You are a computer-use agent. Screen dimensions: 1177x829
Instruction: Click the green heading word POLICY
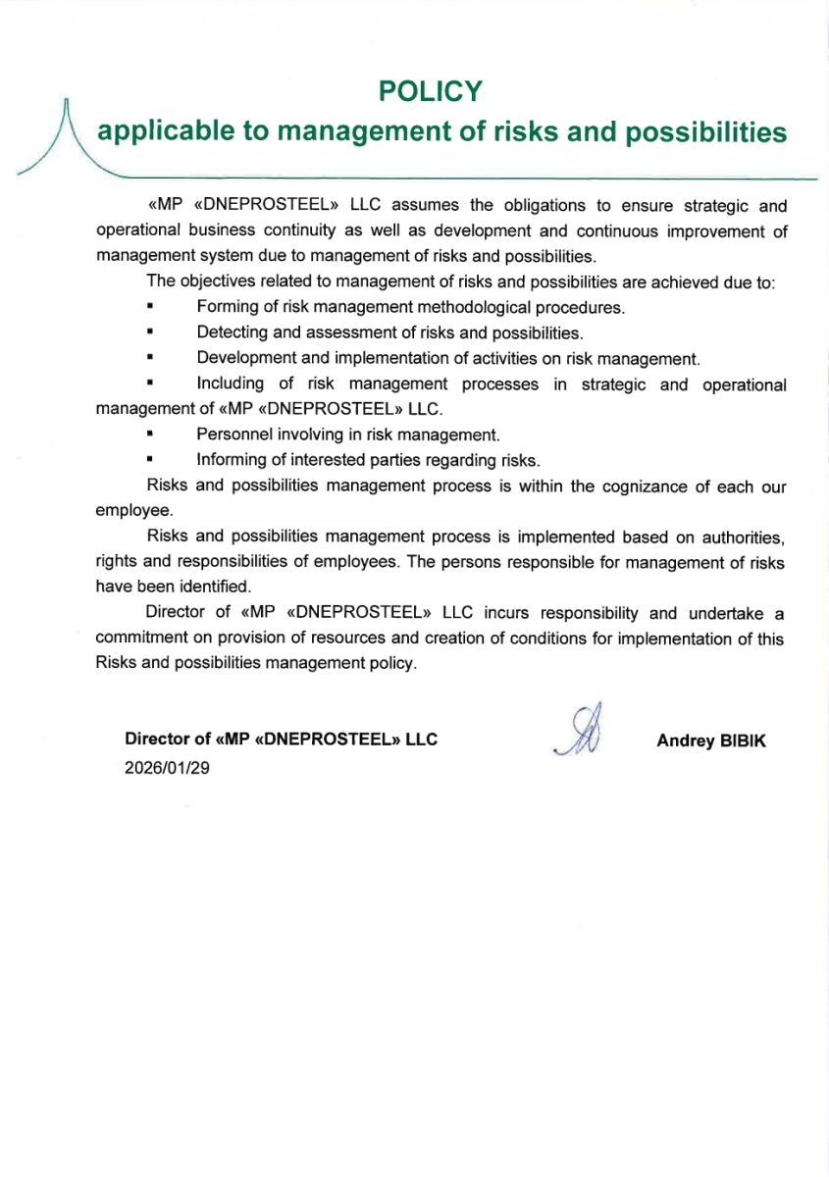point(431,92)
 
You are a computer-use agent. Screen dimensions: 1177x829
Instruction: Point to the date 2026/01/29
point(167,767)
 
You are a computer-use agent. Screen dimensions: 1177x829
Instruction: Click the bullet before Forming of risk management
point(151,308)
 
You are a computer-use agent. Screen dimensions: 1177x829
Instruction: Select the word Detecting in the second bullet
point(232,333)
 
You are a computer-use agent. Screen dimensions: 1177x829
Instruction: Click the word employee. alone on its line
point(134,511)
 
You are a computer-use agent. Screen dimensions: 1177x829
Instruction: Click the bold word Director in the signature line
point(157,740)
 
